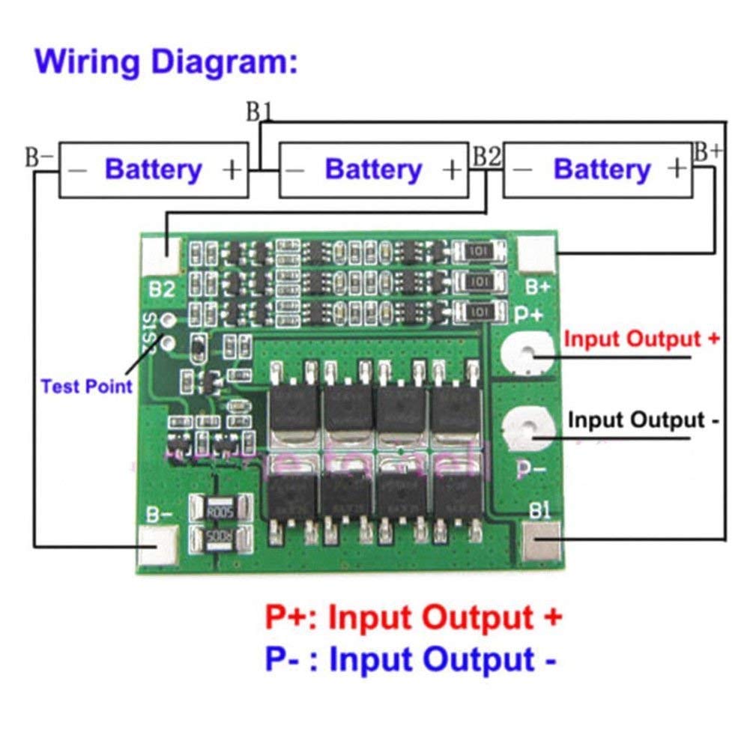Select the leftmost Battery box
tap(154, 170)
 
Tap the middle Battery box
tap(373, 170)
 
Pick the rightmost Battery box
tap(597, 170)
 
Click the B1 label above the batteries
tap(258, 112)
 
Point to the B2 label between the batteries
tap(486, 157)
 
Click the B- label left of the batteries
tap(40, 157)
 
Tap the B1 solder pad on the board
tap(539, 543)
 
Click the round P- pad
tap(530, 429)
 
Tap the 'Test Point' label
tap(86, 387)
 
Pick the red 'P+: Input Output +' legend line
tap(413, 618)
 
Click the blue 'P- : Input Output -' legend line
tap(411, 660)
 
